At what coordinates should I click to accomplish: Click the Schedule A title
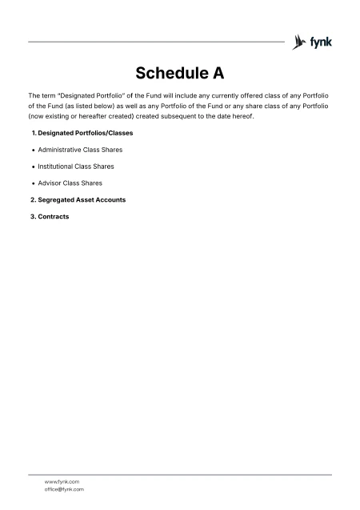point(179,74)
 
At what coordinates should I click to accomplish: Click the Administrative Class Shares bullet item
point(80,150)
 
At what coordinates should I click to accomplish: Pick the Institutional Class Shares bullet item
point(75,167)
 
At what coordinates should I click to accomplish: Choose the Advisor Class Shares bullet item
point(70,183)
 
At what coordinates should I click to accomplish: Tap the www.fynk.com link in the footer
point(62,482)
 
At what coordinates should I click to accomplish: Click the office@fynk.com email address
point(64,489)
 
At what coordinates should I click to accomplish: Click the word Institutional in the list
point(55,167)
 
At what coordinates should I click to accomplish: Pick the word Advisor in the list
point(49,183)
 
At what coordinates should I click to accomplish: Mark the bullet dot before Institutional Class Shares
point(32,167)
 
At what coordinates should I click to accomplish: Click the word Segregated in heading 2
point(57,199)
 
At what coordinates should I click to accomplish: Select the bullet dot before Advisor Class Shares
point(32,183)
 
